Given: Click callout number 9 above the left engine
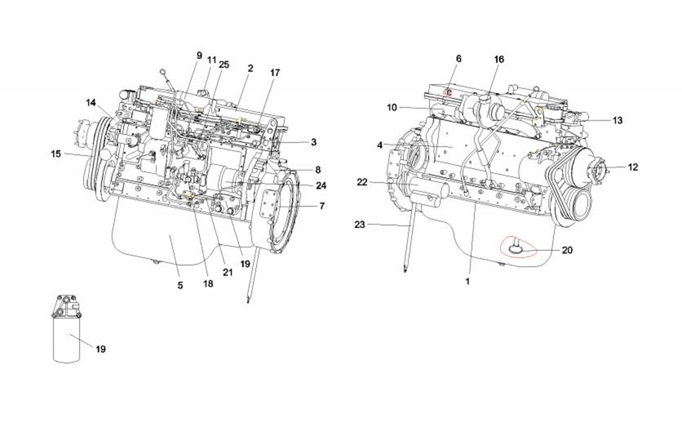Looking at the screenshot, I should (199, 56).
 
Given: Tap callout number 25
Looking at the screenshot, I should (224, 64).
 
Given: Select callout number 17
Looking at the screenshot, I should (274, 73).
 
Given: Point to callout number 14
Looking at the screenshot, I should (91, 103).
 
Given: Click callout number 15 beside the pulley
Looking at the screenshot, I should (56, 154).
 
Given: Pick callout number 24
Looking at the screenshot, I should (321, 186).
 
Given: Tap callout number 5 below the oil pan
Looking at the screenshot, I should (180, 285).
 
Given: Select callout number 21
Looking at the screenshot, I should (227, 272).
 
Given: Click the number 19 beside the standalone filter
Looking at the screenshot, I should (101, 349).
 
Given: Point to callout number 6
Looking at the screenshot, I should (459, 59).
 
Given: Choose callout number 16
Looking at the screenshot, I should (499, 59).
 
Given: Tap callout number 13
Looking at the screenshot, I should (617, 120).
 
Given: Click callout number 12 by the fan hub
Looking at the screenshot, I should (632, 167).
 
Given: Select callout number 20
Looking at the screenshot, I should (566, 250).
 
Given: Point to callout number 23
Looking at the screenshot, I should (359, 225).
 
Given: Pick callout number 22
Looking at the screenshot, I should (363, 182).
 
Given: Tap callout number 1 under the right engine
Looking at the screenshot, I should (468, 282).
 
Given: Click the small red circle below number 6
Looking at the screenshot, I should (449, 93).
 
